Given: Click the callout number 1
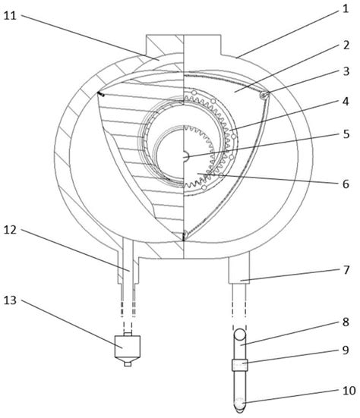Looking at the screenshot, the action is pos(346,9).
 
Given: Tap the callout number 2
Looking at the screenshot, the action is pos(346,45).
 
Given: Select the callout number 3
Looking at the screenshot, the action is pos(346,71).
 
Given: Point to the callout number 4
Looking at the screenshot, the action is pos(346,102).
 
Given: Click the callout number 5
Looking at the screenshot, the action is pos(346,134).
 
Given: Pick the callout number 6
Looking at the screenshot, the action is pos(346,184).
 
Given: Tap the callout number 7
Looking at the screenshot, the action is pos(346,270).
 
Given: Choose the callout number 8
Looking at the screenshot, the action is pos(346,322).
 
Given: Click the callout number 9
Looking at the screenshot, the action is pos(346,350).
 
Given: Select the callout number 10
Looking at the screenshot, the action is pos(349,391).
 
